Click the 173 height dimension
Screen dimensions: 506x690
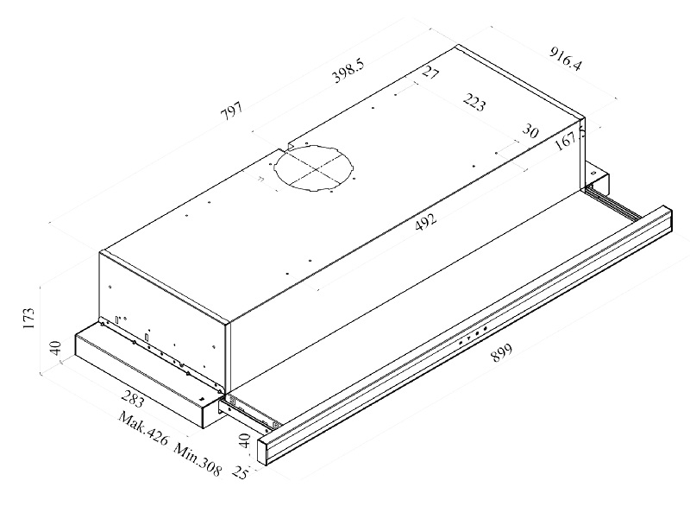click(28, 319)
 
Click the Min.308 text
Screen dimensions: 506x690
click(198, 460)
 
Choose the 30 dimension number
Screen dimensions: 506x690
click(530, 131)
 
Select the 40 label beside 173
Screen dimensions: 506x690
click(54, 350)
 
